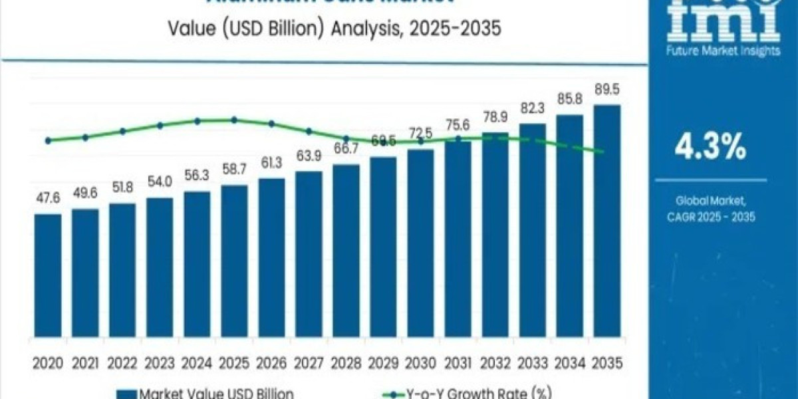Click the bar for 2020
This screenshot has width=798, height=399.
click(x=48, y=279)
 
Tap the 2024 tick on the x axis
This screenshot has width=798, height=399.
click(x=197, y=363)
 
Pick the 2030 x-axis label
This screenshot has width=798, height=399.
click(x=420, y=363)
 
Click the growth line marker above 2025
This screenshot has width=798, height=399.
click(x=234, y=120)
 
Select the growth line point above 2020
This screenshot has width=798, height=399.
click(x=48, y=140)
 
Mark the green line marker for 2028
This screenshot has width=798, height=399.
click(x=346, y=138)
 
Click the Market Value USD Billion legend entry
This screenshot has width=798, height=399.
click(x=206, y=392)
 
